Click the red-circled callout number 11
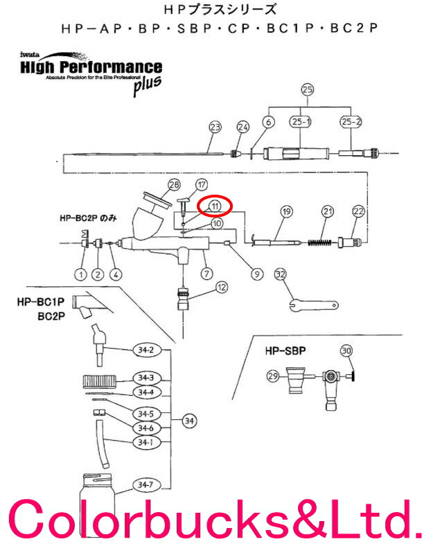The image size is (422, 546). [216, 206]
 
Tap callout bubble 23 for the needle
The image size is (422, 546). [215, 127]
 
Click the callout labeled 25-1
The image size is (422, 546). [299, 122]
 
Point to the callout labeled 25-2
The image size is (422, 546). [350, 122]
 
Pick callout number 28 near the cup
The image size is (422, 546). [173, 184]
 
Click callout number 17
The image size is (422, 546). [201, 185]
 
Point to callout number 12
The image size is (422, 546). [221, 286]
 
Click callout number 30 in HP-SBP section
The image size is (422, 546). [346, 350]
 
